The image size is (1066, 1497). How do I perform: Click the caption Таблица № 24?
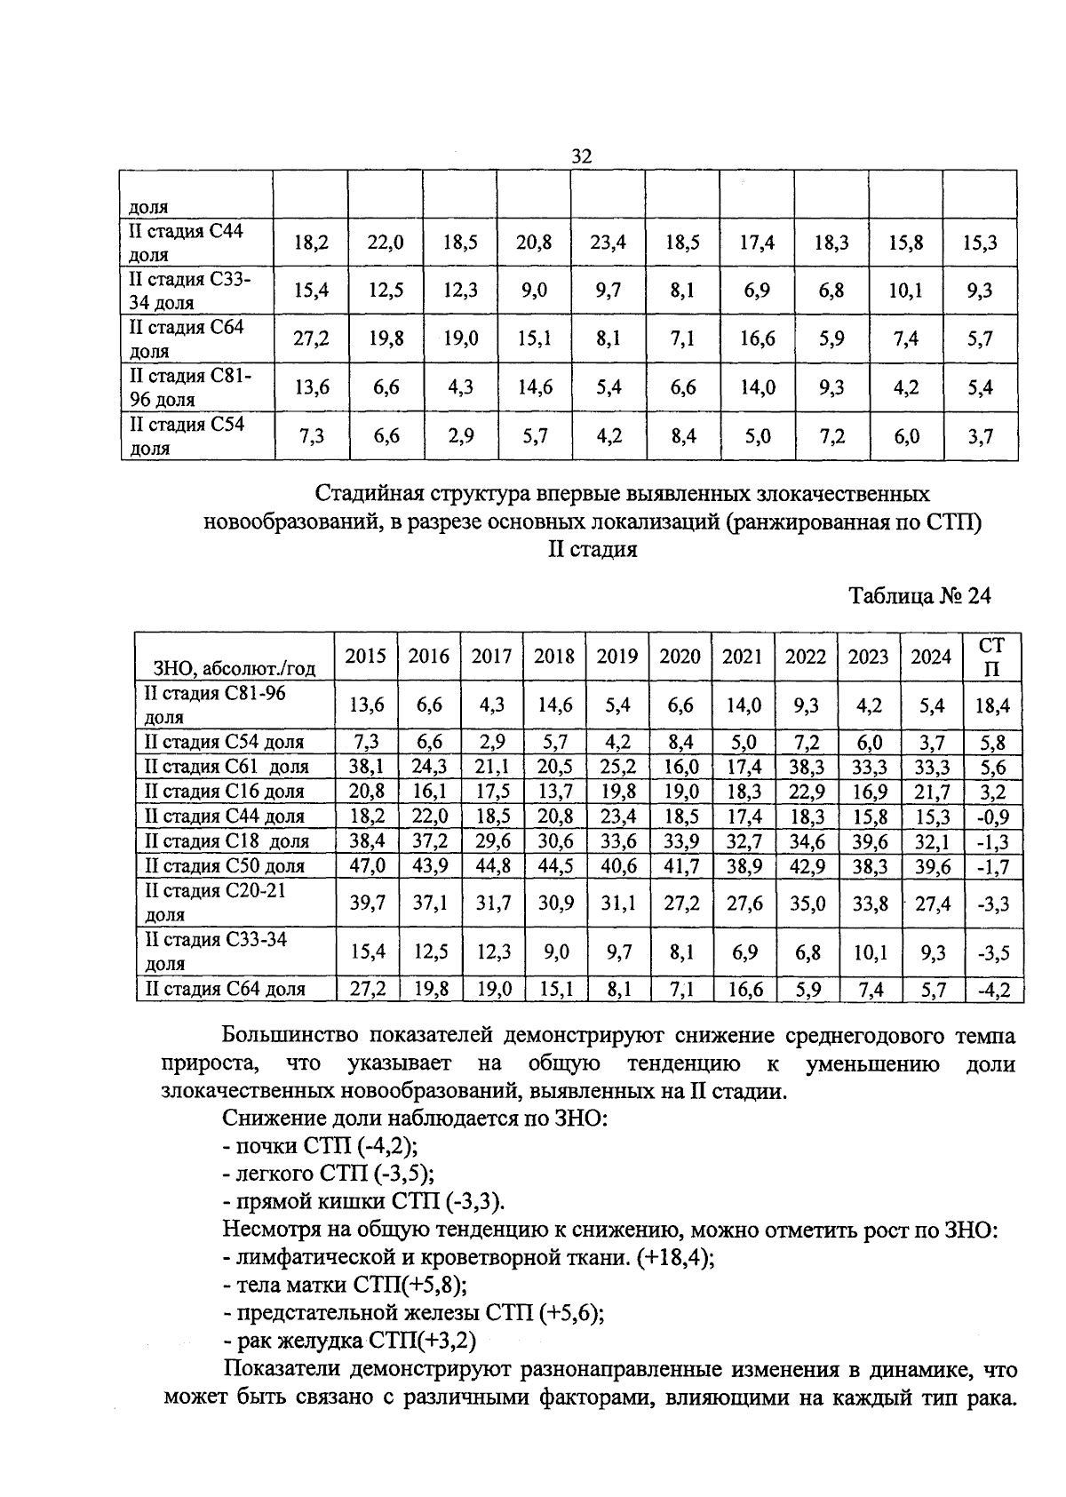(919, 595)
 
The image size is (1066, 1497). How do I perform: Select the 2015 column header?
(365, 657)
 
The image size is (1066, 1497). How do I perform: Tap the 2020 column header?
(680, 657)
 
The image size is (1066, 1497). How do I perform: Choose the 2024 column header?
(931, 657)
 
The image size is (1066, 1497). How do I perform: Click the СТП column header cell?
(992, 657)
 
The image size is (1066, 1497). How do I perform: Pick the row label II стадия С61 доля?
(227, 767)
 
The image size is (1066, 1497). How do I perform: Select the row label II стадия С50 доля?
(224, 866)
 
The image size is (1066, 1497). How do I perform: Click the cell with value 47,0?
(366, 866)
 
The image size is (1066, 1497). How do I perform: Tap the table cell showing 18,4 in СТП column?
(992, 705)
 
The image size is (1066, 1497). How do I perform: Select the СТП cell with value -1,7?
(992, 866)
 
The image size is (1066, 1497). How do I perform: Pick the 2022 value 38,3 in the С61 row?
(806, 767)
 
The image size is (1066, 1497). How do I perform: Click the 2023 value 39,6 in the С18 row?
(868, 841)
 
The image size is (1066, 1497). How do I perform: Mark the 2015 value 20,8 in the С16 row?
(366, 792)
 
